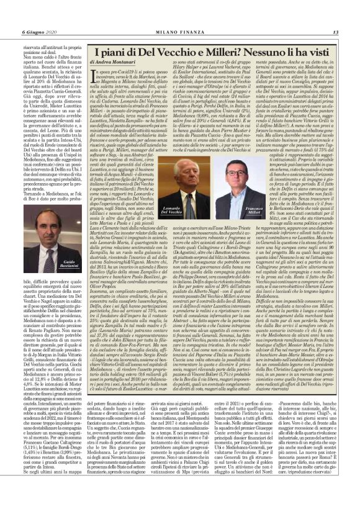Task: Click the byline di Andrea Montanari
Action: (113, 62)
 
